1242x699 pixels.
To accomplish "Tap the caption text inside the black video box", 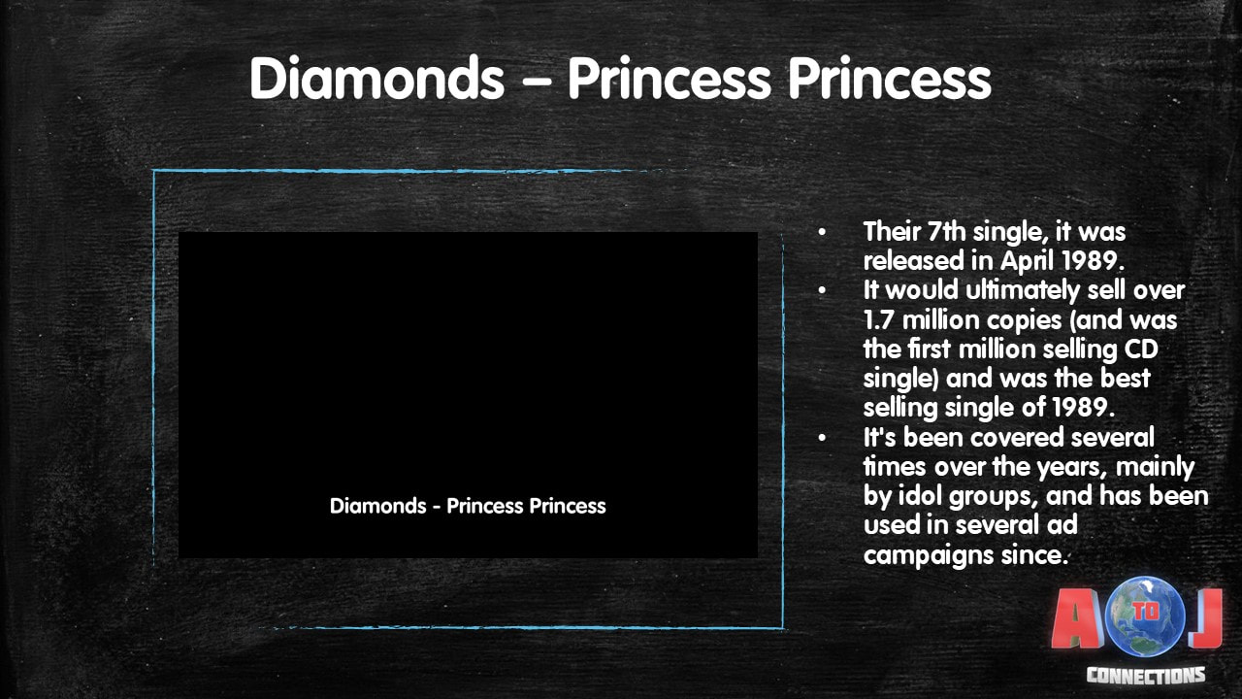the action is (x=468, y=506).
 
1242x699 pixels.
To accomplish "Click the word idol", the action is (x=919, y=496).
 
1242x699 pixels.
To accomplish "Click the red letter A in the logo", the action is (x=1077, y=619).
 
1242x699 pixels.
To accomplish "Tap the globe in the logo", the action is (x=1146, y=616).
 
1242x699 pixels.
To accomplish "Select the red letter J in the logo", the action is (x=1206, y=618).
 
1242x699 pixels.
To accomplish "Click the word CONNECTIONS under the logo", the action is (x=1146, y=675).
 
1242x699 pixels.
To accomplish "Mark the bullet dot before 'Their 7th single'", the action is (x=822, y=232).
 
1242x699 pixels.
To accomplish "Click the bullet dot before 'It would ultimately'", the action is (x=822, y=290).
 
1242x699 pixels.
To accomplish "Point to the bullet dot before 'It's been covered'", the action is (x=822, y=438).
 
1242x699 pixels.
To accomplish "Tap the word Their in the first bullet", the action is (x=892, y=231).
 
